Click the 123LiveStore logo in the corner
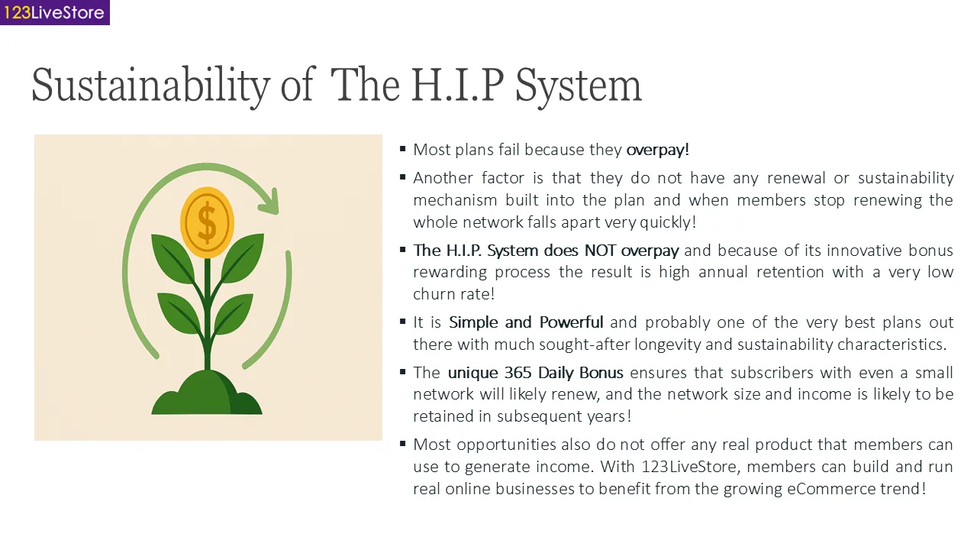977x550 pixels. click(x=54, y=12)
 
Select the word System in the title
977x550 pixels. click(x=578, y=85)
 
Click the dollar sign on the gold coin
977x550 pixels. click(x=206, y=222)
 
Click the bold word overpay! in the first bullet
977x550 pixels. click(x=657, y=150)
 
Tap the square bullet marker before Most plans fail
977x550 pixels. click(x=402, y=149)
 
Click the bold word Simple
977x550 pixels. click(x=473, y=322)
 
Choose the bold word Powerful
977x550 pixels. click(x=571, y=322)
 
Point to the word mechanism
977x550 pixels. click(x=455, y=200)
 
